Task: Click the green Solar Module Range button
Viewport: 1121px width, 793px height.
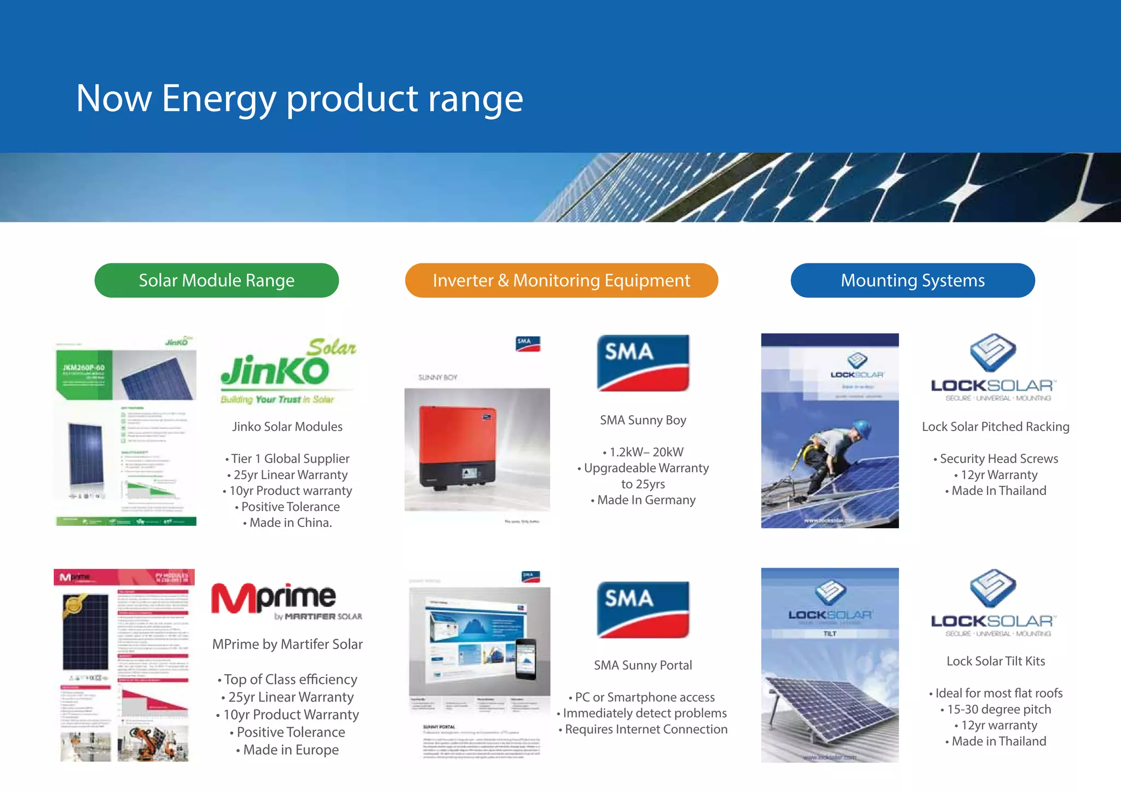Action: tap(216, 280)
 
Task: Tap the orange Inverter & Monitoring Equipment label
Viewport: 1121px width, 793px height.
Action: tap(561, 280)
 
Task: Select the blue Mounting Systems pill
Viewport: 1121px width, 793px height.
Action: tap(912, 280)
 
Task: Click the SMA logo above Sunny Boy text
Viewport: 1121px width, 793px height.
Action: tap(643, 363)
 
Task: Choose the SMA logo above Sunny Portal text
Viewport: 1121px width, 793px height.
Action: tap(643, 609)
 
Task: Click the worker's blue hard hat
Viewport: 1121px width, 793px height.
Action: tap(862, 428)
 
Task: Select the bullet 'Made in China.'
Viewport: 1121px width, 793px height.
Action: tap(290, 523)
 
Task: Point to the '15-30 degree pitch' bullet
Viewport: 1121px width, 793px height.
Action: tap(998, 709)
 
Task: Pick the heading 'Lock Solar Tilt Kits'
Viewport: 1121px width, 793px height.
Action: tap(996, 661)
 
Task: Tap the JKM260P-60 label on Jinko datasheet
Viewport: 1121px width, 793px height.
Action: tap(83, 367)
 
